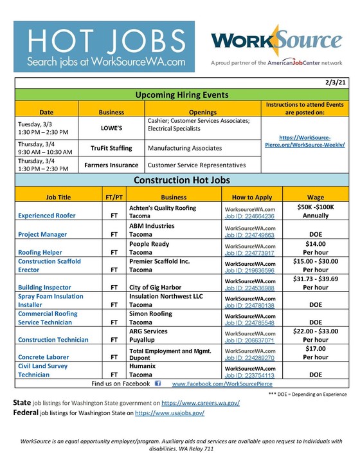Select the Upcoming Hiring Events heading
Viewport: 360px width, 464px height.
(179, 95)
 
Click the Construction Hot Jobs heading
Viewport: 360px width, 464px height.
(179, 180)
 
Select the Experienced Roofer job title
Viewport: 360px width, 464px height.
(47, 216)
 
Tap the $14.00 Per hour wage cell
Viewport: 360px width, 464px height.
(315, 248)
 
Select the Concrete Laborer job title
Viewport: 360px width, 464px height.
(44, 357)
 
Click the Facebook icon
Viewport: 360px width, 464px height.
(158, 384)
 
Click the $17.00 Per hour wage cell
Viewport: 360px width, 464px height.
(315, 353)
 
